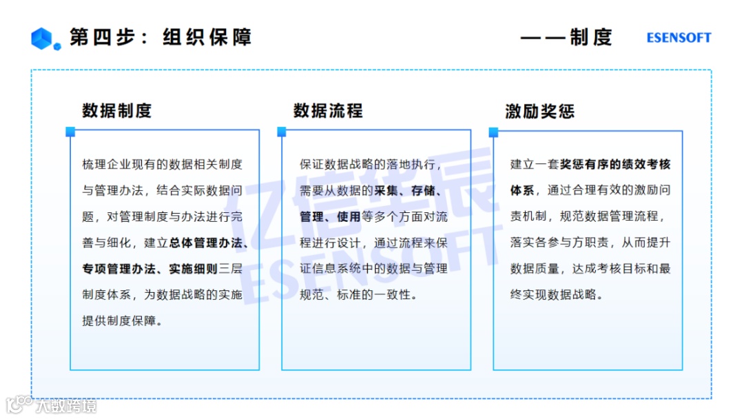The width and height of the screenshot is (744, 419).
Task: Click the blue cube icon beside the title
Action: click(x=45, y=39)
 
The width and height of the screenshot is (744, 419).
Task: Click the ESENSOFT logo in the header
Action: click(x=679, y=38)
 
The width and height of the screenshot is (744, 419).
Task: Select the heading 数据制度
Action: click(x=116, y=111)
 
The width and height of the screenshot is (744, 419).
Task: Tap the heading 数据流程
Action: click(x=328, y=111)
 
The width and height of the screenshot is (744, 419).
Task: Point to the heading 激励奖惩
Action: click(x=539, y=111)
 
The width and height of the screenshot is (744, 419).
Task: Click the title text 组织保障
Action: click(x=207, y=37)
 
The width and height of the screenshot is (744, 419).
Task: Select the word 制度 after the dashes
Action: click(x=591, y=37)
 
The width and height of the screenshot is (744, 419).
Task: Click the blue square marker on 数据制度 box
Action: click(x=70, y=131)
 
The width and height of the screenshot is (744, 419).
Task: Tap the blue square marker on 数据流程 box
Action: click(x=282, y=131)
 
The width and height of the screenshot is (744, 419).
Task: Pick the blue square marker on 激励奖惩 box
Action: click(x=493, y=131)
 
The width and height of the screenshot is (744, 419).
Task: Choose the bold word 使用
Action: click(x=349, y=216)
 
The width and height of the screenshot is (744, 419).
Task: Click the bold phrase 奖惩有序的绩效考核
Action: click(x=615, y=164)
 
